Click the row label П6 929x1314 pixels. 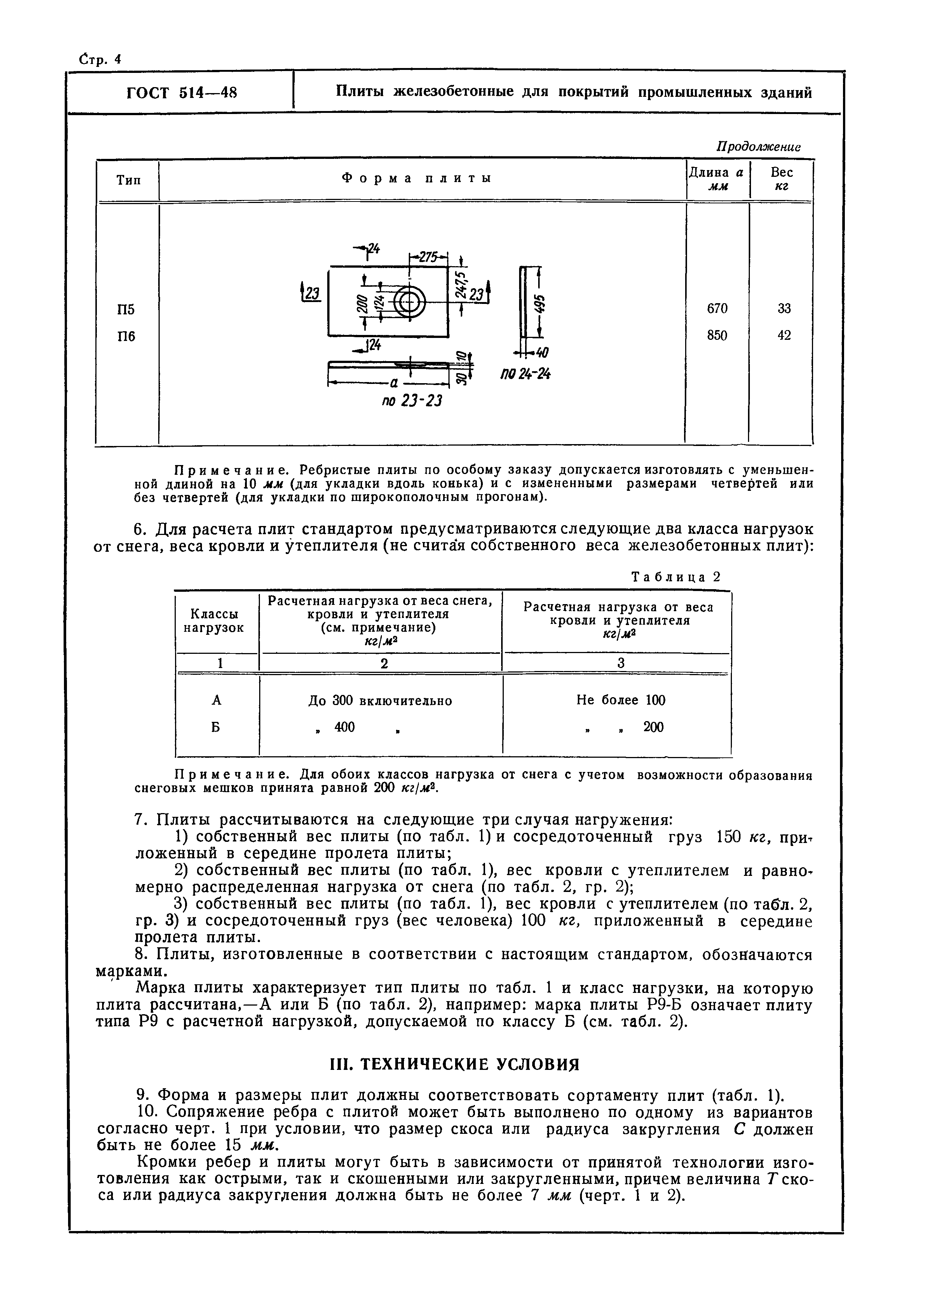pos(126,336)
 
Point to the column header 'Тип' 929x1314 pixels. pos(128,180)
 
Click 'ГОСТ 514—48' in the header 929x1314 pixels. pos(181,93)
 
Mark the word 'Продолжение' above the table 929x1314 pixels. pos(758,147)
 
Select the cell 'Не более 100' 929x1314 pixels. pos(621,700)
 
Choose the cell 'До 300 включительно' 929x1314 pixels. pos(380,701)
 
